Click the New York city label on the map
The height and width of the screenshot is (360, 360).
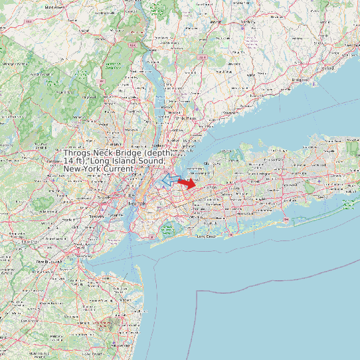coord(136,203)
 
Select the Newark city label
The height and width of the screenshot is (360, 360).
coord(103,198)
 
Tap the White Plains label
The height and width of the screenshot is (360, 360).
coord(187,118)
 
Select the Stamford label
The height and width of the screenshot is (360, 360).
coord(230,113)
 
